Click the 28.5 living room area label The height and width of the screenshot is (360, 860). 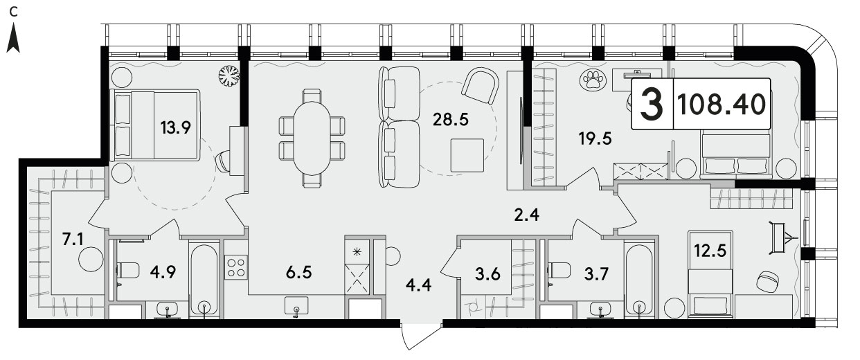pyautogui.click(x=451, y=120)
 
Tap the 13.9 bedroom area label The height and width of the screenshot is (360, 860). pyautogui.click(x=175, y=127)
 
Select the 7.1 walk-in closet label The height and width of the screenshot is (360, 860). pyautogui.click(x=73, y=240)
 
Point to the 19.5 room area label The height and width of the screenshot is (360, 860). pyautogui.click(x=595, y=138)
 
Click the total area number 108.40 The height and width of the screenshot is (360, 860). pyautogui.click(x=722, y=105)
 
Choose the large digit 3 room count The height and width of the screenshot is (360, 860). pyautogui.click(x=652, y=104)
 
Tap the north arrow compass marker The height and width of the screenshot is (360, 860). pyautogui.click(x=14, y=37)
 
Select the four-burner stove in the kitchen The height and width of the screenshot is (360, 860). pyautogui.click(x=236, y=267)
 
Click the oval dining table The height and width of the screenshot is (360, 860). pyautogui.click(x=312, y=138)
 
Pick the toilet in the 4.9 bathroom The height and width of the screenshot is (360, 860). pyautogui.click(x=127, y=270)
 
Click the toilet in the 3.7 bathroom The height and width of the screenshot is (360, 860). pyautogui.click(x=559, y=270)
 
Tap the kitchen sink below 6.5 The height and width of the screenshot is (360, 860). pyautogui.click(x=296, y=307)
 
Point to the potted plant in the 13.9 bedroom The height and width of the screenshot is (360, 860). pyautogui.click(x=229, y=75)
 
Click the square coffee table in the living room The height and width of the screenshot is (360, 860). pyautogui.click(x=467, y=155)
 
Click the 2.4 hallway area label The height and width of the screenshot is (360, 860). pyautogui.click(x=527, y=215)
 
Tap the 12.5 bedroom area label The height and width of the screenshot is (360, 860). pyautogui.click(x=710, y=251)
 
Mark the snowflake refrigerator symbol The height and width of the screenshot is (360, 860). pyautogui.click(x=357, y=252)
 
